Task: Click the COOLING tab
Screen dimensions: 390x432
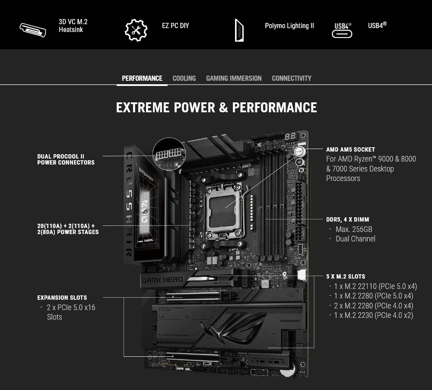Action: coord(184,78)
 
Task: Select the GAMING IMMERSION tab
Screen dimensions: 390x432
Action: coord(234,78)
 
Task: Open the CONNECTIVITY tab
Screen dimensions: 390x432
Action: coord(292,78)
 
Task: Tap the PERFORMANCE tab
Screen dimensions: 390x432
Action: coord(142,78)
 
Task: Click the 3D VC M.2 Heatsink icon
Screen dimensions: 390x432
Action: coord(33,30)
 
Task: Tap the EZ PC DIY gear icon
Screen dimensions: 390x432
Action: coord(136,30)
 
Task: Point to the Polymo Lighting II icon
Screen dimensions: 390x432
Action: coord(239,30)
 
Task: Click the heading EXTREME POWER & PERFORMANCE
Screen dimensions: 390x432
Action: coord(216,108)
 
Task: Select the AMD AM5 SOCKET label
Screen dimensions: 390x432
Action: coord(350,149)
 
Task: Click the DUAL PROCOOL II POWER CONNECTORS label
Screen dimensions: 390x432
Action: coord(66,159)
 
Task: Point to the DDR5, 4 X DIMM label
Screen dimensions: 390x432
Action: coord(348,219)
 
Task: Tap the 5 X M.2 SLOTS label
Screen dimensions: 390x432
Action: coord(346,276)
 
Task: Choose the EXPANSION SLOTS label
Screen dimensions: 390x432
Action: coord(62,298)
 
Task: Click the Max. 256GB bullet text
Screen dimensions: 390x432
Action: coord(353,229)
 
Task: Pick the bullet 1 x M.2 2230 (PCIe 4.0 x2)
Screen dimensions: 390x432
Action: coord(373,315)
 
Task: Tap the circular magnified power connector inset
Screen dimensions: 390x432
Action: coord(169,154)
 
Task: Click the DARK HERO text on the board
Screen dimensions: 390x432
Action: coord(162,280)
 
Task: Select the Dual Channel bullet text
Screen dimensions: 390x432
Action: coord(355,239)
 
